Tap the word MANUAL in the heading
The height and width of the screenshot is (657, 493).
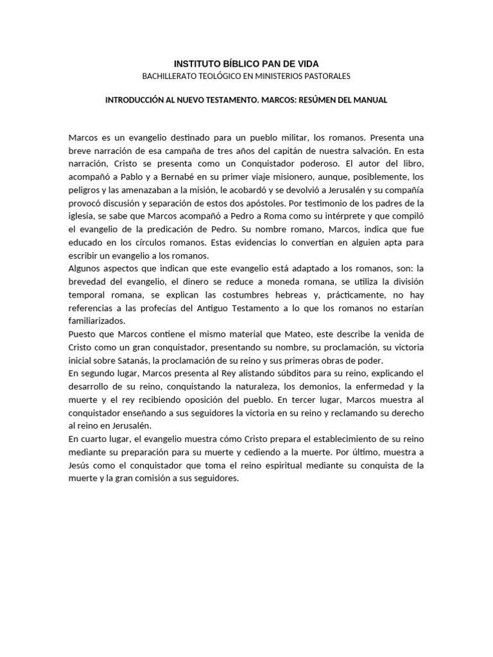pos(372,101)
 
